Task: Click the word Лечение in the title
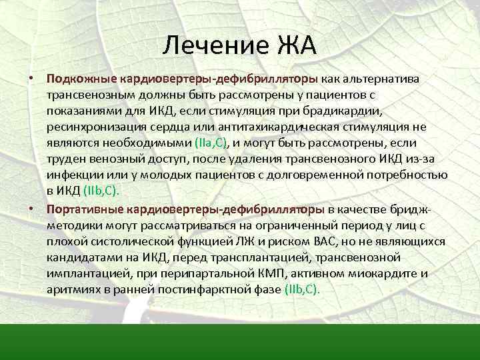point(213,47)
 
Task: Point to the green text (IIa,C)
point(211,142)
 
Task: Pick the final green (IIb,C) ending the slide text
point(302,289)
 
